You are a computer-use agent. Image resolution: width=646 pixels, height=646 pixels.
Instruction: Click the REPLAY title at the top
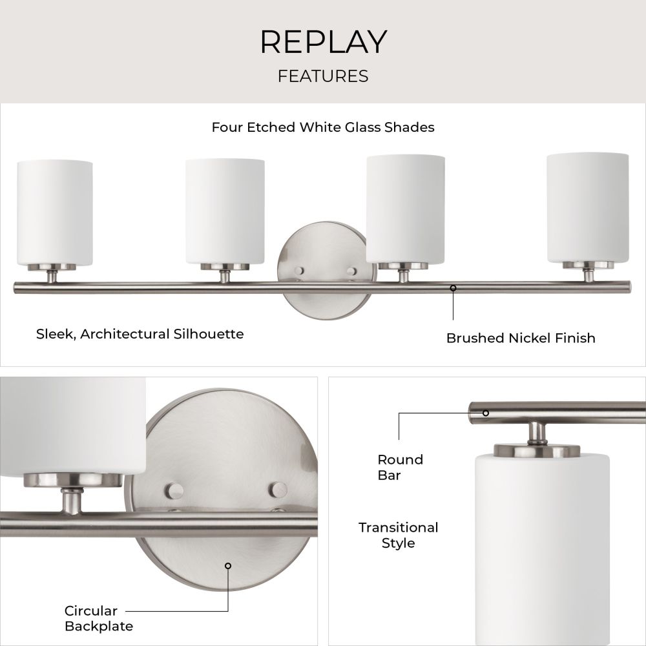[324, 41]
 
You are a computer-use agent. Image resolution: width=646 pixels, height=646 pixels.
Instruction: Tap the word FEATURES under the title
[323, 76]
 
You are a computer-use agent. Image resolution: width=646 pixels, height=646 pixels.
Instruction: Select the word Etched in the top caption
[271, 127]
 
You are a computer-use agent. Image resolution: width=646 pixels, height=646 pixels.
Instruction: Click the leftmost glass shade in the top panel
[55, 213]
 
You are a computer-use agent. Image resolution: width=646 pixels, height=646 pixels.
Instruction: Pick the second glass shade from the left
[225, 211]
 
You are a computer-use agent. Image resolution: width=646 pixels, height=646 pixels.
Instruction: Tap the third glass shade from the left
[406, 209]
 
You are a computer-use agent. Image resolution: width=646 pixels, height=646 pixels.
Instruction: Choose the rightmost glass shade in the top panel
[587, 208]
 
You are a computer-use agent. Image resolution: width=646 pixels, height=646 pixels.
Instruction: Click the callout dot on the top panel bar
[453, 288]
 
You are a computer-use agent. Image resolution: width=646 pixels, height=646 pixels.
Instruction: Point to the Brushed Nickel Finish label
[521, 339]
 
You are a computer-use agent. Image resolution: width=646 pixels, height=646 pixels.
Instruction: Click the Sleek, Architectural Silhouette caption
[140, 334]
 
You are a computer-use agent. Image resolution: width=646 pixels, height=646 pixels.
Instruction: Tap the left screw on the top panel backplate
[299, 271]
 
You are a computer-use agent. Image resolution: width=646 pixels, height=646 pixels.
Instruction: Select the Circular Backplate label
[99, 618]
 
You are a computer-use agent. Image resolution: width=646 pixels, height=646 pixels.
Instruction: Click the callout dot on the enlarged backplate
[228, 566]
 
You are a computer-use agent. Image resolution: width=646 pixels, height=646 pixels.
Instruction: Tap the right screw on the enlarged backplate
[278, 490]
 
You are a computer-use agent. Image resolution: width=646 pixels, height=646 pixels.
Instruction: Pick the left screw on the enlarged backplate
[174, 491]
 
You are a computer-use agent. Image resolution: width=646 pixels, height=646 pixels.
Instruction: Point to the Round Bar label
[400, 468]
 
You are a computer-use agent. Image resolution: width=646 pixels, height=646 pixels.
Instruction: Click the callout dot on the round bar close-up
[486, 413]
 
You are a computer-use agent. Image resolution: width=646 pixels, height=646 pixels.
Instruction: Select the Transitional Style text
[398, 535]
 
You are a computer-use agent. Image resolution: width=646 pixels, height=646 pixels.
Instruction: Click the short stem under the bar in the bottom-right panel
[537, 433]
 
